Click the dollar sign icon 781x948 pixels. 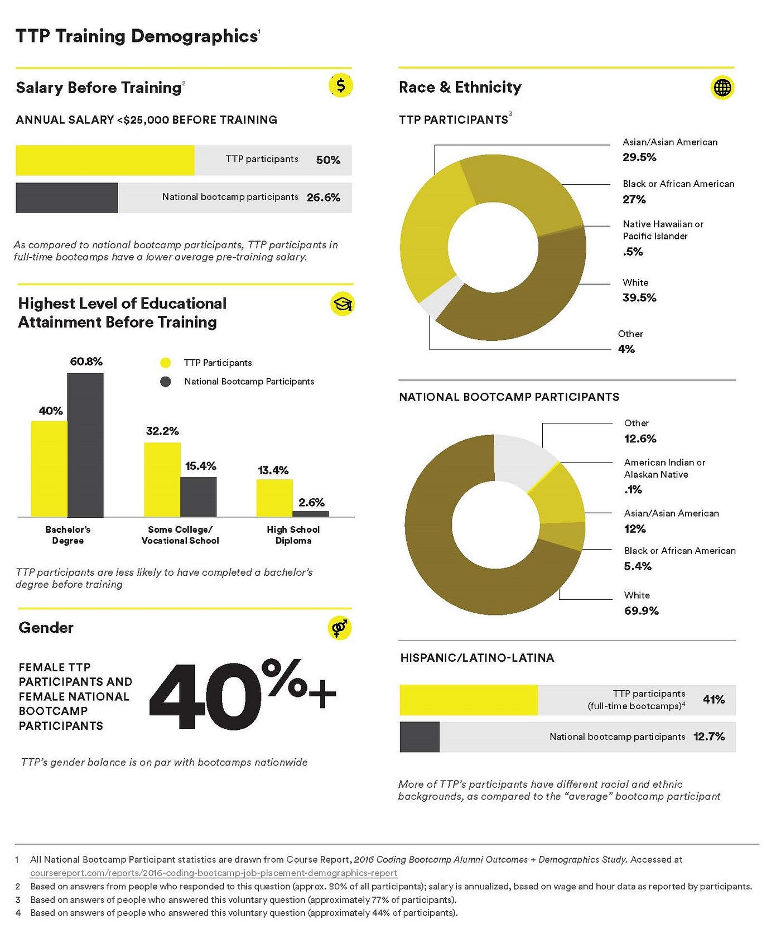[341, 86]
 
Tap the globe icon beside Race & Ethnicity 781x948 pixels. [722, 88]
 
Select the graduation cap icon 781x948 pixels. [342, 304]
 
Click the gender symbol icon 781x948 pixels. [340, 628]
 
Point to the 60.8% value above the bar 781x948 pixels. [86, 362]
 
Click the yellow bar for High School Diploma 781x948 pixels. [274, 498]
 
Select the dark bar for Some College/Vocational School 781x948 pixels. [199, 497]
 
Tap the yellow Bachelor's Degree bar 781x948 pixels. [49, 469]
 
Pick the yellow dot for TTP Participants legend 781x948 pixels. [165, 363]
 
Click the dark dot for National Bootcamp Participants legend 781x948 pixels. [165, 382]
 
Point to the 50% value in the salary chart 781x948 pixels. [328, 160]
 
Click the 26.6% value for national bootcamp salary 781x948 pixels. [324, 198]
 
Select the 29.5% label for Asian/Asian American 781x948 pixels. [639, 157]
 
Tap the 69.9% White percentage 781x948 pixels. [642, 611]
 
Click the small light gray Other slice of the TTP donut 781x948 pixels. [440, 296]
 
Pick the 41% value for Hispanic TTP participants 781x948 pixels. [714, 700]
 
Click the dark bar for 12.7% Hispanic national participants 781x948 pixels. [420, 737]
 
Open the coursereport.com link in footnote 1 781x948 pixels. [214, 873]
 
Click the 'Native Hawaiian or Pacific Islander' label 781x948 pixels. [663, 230]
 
